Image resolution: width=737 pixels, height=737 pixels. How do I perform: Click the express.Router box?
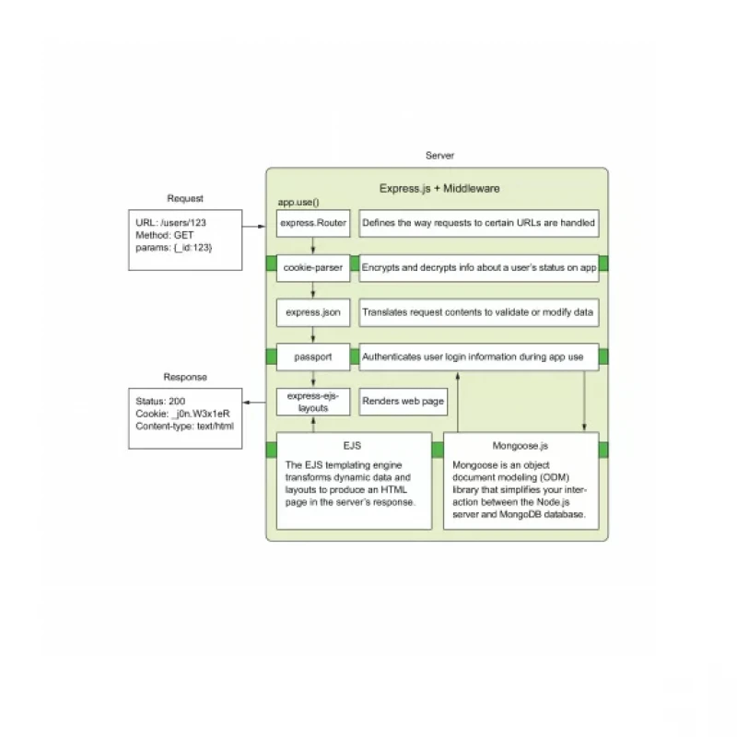[313, 223]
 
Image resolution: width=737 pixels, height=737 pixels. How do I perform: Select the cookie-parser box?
[313, 268]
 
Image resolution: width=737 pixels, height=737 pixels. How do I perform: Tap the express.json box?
[313, 312]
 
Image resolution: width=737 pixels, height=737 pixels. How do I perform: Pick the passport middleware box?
[313, 357]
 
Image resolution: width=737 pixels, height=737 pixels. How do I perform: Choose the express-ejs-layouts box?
[313, 402]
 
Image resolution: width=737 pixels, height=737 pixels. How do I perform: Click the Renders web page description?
[404, 402]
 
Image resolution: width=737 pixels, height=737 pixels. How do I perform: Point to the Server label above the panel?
[440, 156]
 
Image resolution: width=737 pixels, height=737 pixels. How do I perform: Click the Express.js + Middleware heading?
[439, 189]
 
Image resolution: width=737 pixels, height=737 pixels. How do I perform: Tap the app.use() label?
[298, 203]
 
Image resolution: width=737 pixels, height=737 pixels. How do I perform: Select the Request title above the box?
[185, 198]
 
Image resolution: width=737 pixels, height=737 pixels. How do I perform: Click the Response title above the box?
[185, 377]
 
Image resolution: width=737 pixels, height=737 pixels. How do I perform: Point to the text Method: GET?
[165, 235]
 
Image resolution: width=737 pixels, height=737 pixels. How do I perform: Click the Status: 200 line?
[160, 402]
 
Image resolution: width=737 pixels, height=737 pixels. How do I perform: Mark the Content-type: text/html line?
[185, 427]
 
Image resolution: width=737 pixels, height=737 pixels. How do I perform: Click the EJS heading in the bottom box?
[352, 446]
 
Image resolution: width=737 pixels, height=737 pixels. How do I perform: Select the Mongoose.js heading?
[521, 446]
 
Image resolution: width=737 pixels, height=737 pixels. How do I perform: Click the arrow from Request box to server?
[254, 227]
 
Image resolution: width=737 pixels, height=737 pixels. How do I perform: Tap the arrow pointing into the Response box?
[254, 403]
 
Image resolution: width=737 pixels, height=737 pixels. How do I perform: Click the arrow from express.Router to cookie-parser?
[313, 246]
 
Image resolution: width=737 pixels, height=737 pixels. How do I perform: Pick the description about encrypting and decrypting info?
[479, 268]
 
